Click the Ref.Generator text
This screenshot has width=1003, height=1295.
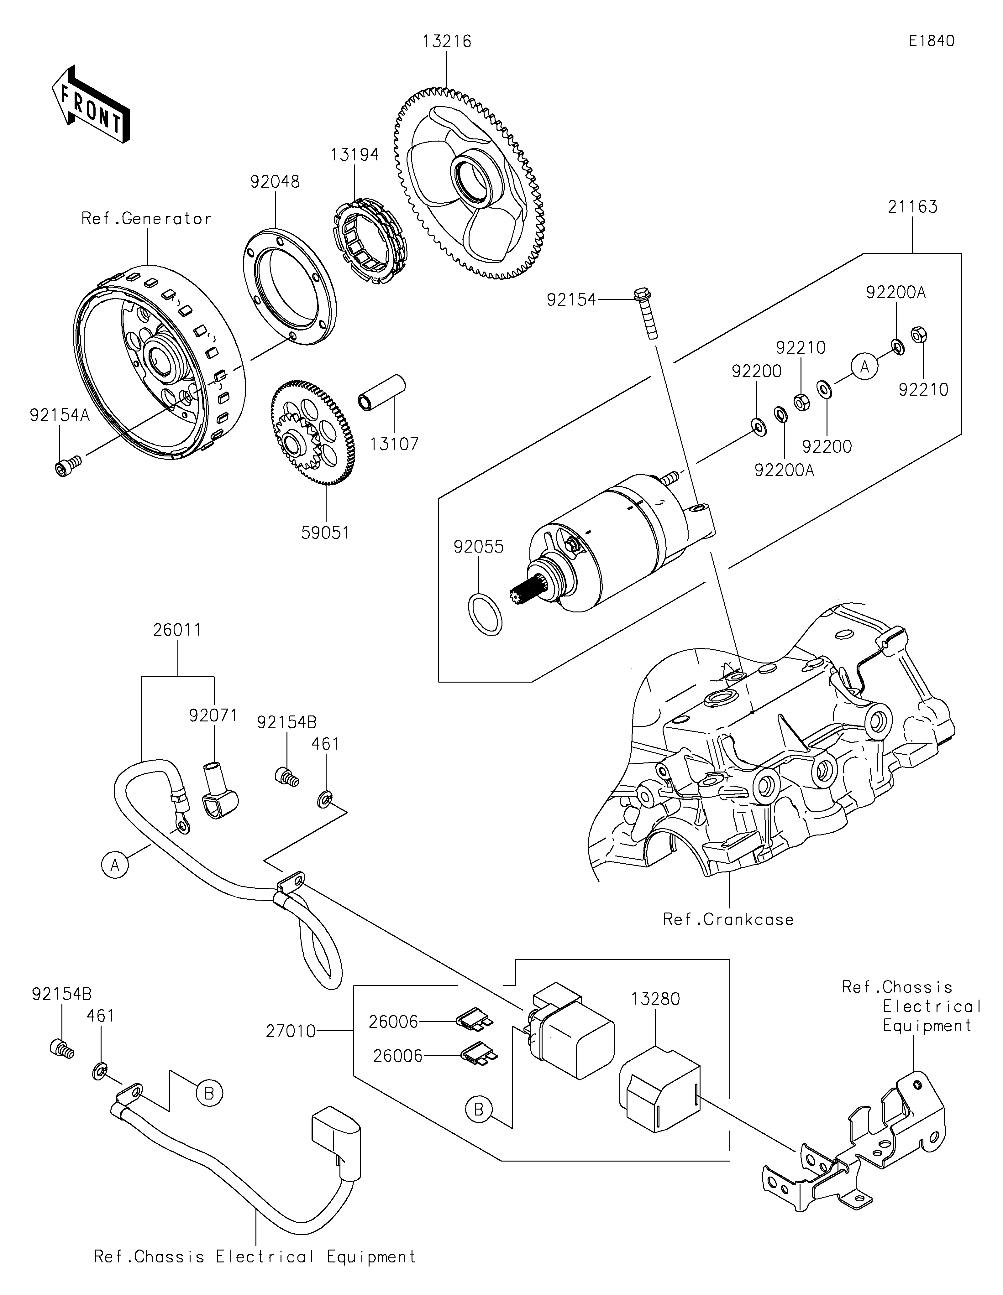click(146, 219)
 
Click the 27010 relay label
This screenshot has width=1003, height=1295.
click(291, 1031)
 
